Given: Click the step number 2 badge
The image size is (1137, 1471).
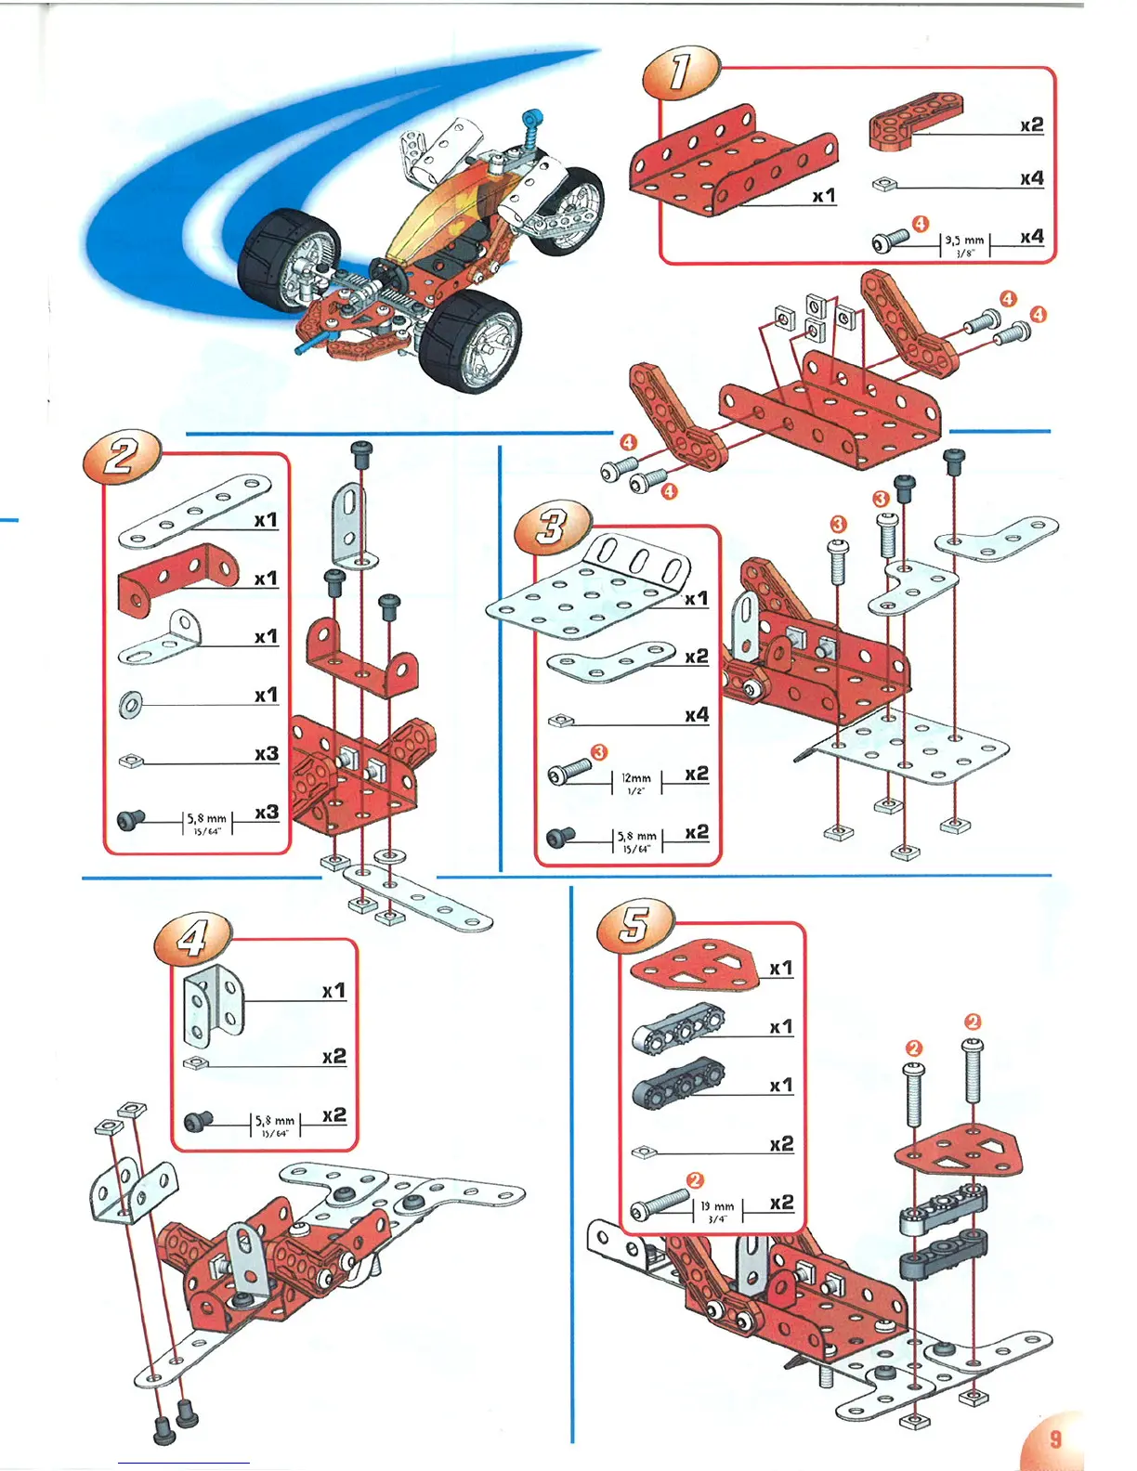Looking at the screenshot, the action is [x=122, y=457].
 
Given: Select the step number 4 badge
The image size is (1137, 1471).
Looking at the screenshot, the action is [x=192, y=939].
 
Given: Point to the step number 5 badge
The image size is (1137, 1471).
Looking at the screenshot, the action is [x=634, y=925].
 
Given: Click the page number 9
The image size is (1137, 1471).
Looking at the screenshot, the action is [x=1055, y=1438].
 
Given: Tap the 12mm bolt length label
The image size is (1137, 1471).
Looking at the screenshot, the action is [x=636, y=782].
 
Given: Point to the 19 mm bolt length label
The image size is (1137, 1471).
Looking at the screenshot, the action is [x=717, y=1210].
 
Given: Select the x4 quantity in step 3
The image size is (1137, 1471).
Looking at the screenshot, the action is [x=696, y=715].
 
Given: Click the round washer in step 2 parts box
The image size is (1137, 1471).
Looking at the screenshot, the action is [x=131, y=704].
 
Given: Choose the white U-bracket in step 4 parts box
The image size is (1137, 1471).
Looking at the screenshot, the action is [x=213, y=1007].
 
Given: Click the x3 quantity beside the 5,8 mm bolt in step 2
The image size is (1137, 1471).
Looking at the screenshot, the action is [x=267, y=813].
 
